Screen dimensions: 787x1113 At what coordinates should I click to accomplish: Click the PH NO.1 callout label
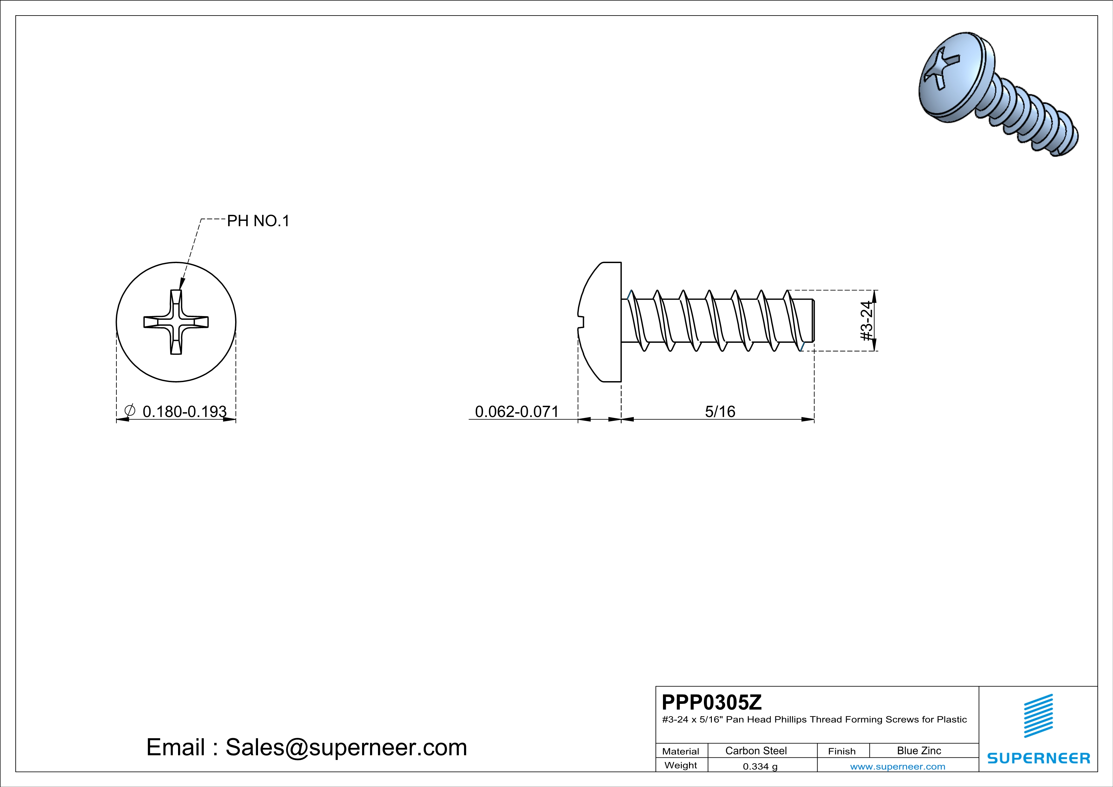tap(258, 221)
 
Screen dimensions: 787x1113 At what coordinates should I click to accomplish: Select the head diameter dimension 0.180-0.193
tap(184, 412)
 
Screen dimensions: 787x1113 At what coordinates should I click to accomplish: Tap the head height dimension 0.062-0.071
tap(516, 412)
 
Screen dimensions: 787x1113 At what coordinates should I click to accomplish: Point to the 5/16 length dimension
tap(720, 412)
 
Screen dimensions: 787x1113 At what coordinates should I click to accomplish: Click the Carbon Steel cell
tap(756, 751)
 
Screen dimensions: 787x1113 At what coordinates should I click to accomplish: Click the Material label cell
tap(681, 751)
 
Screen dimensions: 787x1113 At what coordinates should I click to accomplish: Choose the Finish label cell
tap(842, 751)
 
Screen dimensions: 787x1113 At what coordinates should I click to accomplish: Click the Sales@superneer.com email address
tap(346, 747)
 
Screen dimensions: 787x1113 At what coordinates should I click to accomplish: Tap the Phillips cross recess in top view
tap(176, 322)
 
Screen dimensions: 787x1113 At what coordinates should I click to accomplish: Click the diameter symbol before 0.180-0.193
tap(129, 410)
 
